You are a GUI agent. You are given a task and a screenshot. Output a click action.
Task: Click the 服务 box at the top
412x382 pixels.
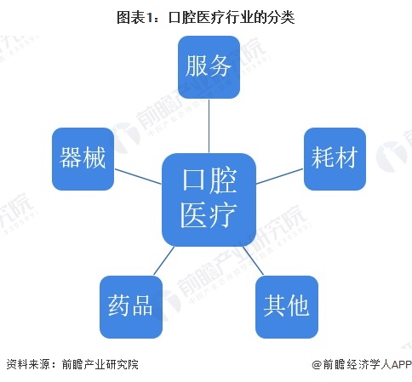pos(209,67)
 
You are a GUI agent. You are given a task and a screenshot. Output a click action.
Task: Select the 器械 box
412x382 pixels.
pos(83,159)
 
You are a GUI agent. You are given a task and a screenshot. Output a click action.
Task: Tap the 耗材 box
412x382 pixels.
pos(335,159)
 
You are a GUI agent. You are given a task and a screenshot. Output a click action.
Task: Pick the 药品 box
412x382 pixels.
pos(131,307)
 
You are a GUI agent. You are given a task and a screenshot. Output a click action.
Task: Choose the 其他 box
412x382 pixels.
pos(287,307)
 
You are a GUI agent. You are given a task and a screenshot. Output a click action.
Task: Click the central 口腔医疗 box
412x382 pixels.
pos(209,200)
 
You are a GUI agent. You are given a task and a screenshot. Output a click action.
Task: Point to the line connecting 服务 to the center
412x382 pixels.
pos(209,126)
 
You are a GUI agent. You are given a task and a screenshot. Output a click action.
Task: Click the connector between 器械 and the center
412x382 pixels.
pos(138,176)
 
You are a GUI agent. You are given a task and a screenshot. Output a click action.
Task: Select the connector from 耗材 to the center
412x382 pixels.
pos(280,176)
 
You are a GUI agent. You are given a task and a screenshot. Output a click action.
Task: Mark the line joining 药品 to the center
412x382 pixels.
pos(163,261)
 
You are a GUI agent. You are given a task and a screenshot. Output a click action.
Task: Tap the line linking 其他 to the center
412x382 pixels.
pos(254,261)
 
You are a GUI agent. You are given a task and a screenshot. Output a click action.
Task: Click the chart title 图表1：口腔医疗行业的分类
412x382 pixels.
pos(206,17)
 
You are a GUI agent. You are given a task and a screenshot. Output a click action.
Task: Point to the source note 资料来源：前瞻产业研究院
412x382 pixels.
pos(72,364)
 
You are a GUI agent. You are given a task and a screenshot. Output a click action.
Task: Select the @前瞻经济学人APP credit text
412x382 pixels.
pos(362,364)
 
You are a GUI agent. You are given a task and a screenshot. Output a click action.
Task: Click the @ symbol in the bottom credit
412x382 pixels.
pos(317,365)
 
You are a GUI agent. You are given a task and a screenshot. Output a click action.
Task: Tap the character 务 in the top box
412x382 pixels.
pos(220,66)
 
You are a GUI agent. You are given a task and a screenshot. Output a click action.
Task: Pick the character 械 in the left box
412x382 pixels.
pos(94,157)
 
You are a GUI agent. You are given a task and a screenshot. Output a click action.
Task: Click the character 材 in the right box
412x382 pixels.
pos(346,157)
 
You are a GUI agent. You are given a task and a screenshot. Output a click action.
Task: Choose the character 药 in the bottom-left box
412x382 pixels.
pos(119,305)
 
